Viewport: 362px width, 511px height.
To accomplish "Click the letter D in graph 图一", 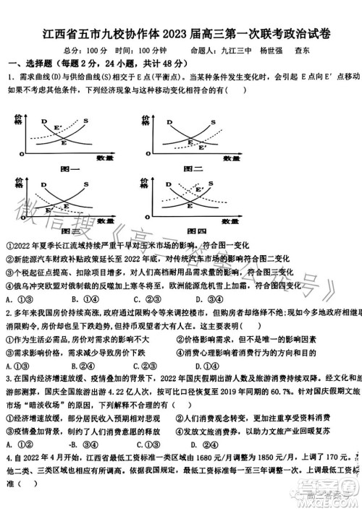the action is pos(43,122).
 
